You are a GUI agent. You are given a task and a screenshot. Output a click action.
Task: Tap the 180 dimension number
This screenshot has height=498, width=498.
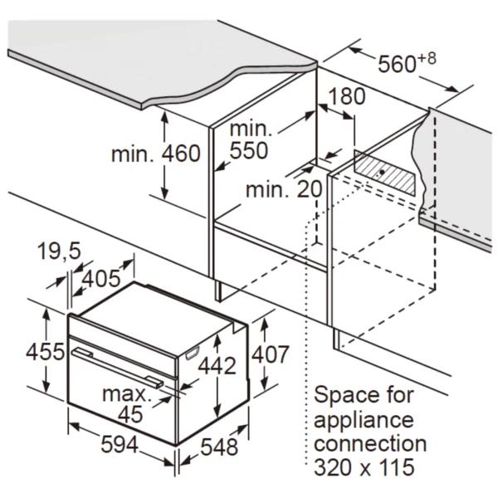tap(346, 96)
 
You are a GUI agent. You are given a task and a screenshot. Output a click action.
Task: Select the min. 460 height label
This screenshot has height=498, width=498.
tap(156, 154)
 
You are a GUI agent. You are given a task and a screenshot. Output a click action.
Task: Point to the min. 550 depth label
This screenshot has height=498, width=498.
tap(250, 139)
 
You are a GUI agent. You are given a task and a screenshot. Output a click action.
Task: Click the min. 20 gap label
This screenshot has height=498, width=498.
tap(284, 189)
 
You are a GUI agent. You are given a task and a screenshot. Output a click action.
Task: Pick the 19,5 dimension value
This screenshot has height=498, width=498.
tap(60, 251)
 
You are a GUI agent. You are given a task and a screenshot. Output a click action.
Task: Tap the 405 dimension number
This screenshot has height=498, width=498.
tap(101, 279)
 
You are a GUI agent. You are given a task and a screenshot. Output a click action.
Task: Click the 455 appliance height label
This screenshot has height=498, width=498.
tap(45, 352)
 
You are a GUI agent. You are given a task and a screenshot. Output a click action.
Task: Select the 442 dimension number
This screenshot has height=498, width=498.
tap(217, 365)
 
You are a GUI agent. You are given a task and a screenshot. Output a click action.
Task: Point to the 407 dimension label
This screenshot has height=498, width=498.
tap(271, 354)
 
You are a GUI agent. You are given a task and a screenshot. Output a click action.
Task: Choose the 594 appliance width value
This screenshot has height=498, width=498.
tap(120, 444)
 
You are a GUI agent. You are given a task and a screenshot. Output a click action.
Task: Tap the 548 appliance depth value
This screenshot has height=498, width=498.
tap(219, 447)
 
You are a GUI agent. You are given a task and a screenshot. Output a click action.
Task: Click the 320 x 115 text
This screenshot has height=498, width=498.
tap(364, 466)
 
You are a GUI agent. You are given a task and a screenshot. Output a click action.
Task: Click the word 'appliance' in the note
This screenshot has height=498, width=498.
tap(364, 421)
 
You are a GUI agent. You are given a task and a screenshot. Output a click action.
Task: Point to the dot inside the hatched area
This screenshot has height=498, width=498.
tap(382, 172)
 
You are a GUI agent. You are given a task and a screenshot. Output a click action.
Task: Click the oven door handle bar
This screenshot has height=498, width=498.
tap(118, 368)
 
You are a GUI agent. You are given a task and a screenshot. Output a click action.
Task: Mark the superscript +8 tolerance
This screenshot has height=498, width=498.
tap(427, 59)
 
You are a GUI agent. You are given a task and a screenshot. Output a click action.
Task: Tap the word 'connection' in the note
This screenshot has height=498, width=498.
tap(370, 444)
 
